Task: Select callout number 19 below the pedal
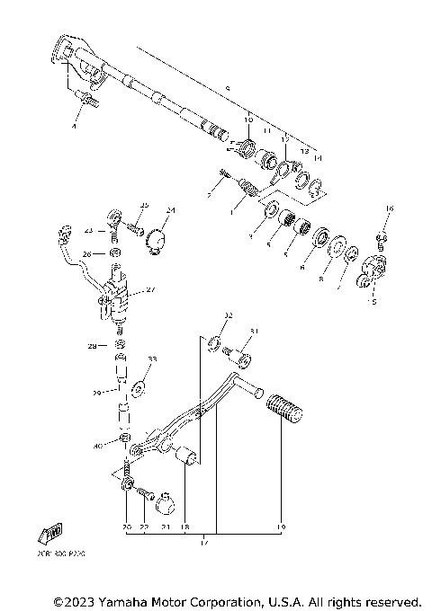point(281,527)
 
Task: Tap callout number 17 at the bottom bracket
point(205,543)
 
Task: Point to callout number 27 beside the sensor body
point(150,289)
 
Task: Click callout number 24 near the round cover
point(171,210)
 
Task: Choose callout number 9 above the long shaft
point(228,87)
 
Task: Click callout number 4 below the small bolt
point(76,127)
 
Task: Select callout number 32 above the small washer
point(229,315)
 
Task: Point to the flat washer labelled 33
point(139,388)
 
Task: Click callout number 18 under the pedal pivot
point(184,527)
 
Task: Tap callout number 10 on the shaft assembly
point(249,119)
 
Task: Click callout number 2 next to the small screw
point(209,193)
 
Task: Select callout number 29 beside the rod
point(97,393)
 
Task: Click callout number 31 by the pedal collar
point(254,332)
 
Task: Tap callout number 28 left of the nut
point(91,345)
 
